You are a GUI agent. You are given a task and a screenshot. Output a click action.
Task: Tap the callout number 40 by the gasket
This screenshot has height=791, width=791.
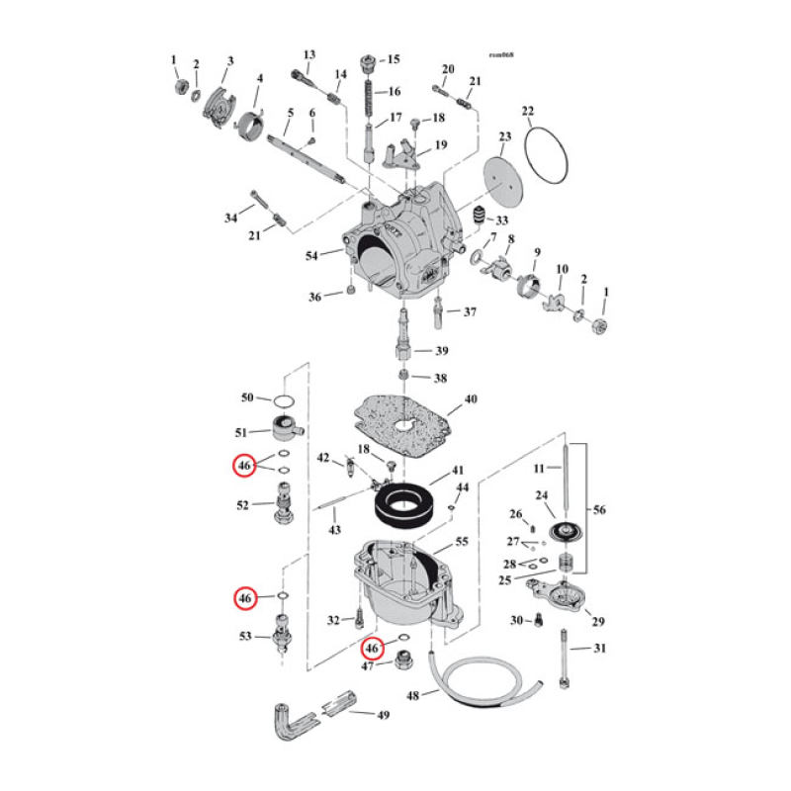471,399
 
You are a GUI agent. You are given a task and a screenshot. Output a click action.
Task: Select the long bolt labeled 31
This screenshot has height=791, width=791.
564,658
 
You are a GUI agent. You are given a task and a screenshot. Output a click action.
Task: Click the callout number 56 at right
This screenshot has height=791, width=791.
600,510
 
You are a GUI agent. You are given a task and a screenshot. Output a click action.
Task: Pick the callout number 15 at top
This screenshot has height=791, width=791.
394,58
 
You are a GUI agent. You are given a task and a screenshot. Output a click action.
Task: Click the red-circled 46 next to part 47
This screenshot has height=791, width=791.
372,649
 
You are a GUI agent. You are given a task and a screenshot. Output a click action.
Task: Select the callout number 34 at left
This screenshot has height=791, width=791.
230,217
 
